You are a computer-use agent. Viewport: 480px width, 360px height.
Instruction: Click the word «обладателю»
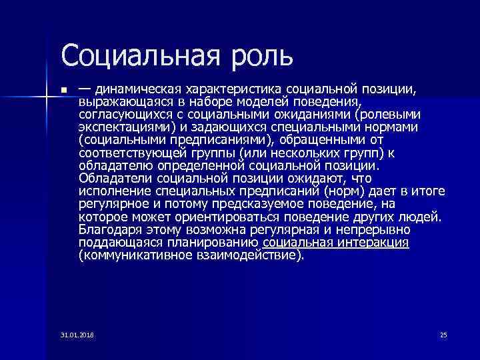point(111,166)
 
